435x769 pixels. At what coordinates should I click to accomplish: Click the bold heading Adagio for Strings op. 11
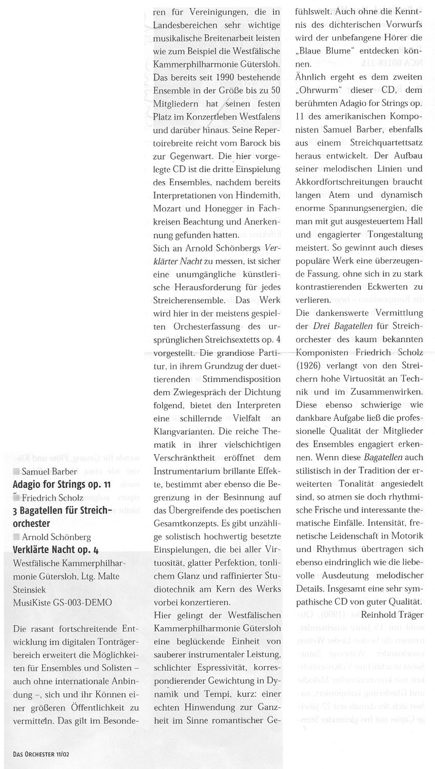click(61, 484)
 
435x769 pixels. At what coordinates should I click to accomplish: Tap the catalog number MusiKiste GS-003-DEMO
click(62, 603)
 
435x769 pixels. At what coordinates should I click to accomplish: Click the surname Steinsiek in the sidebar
click(30, 589)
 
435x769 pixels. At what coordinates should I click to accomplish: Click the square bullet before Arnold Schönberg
click(16, 537)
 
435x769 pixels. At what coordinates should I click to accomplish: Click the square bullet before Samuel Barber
click(16, 472)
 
